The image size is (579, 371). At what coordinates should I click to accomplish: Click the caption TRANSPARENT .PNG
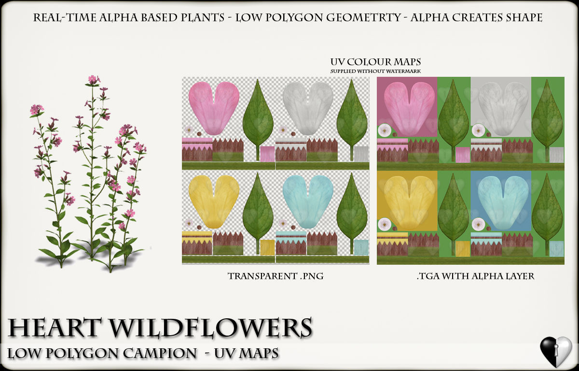[276, 276]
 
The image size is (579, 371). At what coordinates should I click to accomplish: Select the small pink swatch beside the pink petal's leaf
[267, 154]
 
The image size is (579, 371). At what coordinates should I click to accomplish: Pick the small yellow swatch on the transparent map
[267, 247]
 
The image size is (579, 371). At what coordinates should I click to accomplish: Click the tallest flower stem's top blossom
[93, 79]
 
